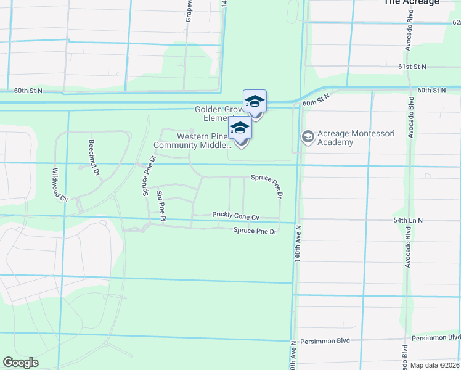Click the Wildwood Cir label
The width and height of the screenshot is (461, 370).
(x=59, y=185)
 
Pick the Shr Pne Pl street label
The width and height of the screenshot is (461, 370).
(x=161, y=206)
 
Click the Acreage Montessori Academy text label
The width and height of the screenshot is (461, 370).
(x=335, y=138)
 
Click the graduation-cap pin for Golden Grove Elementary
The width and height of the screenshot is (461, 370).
(x=255, y=102)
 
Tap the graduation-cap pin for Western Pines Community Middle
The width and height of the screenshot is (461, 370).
(x=240, y=130)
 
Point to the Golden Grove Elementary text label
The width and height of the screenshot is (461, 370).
(x=219, y=113)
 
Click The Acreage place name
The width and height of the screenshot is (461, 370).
(x=411, y=2)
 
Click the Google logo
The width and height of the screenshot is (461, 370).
(x=20, y=363)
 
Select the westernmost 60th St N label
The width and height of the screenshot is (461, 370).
(x=28, y=91)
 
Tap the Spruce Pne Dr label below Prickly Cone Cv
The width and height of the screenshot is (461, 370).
(x=255, y=231)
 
